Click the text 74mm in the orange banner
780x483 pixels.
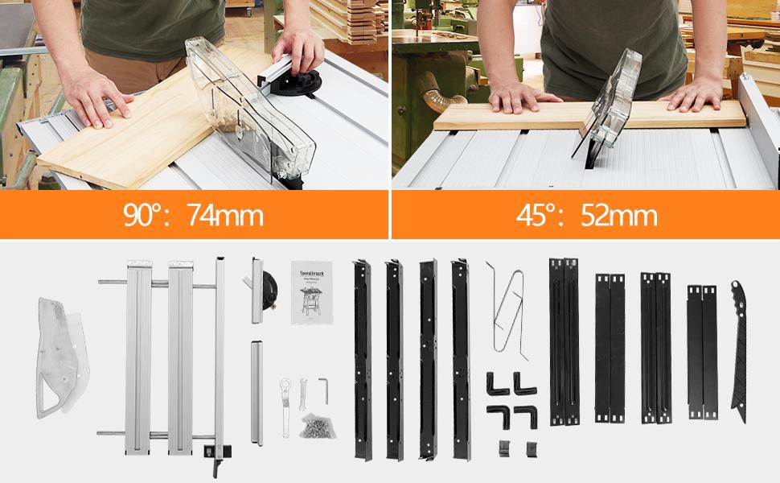pos(224,216)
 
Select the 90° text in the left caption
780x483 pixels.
pos(146,216)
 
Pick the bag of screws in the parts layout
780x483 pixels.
pos(313,425)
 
